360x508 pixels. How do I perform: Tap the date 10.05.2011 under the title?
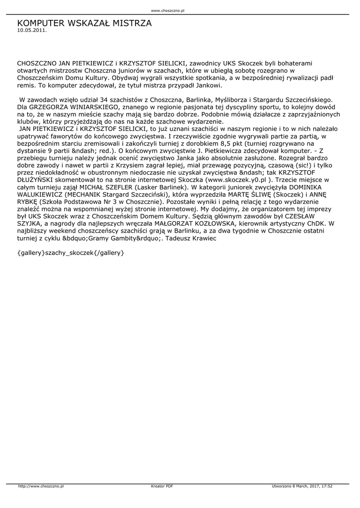tap(32, 30)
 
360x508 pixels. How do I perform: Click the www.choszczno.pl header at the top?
tap(167, 10)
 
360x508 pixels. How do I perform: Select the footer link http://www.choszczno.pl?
tap(41, 486)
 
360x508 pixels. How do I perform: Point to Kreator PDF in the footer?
tap(162, 486)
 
